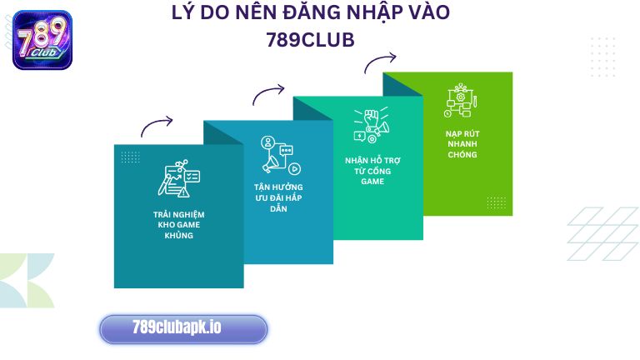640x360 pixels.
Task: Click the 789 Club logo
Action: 42,39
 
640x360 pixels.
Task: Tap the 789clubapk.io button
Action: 183,328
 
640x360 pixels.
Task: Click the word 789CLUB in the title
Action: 310,40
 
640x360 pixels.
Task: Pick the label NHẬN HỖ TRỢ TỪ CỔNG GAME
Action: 372,170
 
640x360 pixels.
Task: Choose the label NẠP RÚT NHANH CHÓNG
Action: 462,143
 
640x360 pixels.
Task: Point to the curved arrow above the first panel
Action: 157,126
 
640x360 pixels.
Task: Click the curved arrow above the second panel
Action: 268,94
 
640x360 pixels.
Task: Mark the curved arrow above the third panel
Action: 380,62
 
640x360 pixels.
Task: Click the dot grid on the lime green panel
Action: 496,202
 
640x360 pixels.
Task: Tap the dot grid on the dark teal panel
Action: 130,157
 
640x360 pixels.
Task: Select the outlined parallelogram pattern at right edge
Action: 602,233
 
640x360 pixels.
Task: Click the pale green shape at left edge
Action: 25,279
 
